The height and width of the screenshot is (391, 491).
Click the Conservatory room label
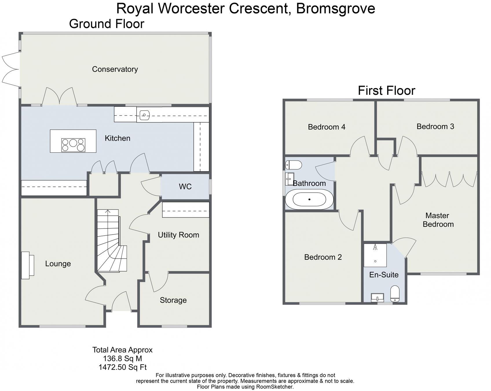115,69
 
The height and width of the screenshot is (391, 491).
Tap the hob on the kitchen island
73,145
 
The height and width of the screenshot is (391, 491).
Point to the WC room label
185,187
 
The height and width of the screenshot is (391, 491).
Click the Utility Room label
179,235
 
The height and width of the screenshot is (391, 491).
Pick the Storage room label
173,300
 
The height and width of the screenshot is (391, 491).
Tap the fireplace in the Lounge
28,265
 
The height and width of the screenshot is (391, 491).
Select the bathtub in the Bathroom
309,199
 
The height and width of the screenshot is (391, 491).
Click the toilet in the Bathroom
294,165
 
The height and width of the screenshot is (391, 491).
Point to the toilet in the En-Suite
395,294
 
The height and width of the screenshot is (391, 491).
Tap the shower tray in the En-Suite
375,255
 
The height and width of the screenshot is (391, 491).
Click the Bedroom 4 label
327,127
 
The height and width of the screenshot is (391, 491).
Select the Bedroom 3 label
435,126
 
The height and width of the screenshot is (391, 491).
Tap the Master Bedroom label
438,220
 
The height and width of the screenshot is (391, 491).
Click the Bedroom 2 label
323,257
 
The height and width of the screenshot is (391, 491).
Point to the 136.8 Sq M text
123,359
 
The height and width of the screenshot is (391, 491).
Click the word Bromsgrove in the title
336,8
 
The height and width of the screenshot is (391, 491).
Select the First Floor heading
386,91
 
